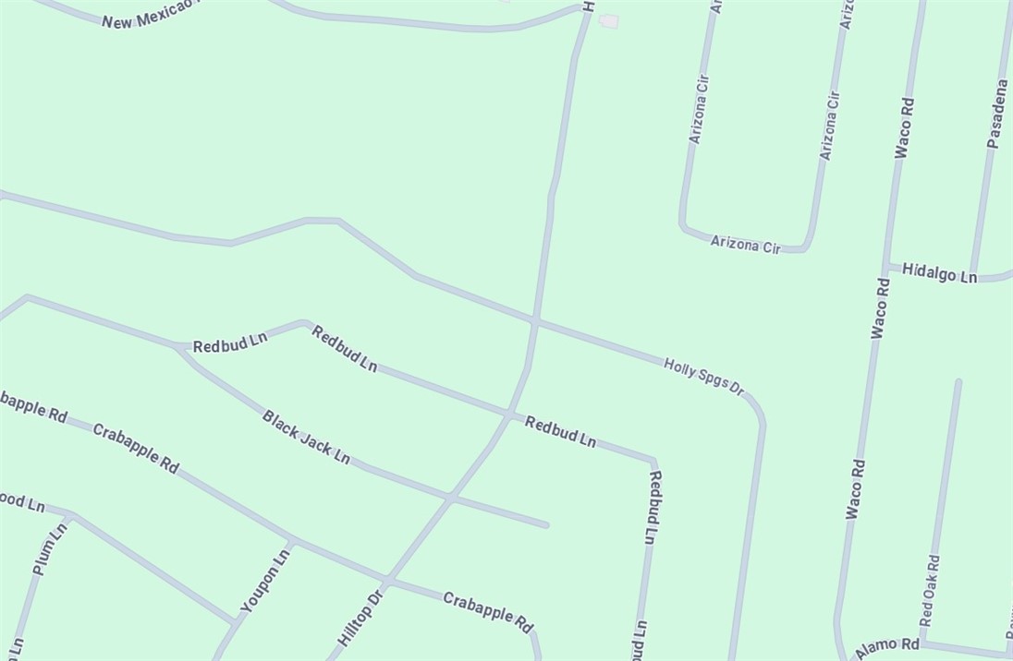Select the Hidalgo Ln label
click(939, 273)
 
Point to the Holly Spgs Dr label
click(703, 377)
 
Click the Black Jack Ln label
click(306, 438)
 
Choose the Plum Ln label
click(50, 549)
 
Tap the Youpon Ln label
click(265, 581)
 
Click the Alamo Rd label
click(887, 648)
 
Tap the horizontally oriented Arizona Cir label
click(745, 245)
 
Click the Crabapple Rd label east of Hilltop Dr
click(488, 612)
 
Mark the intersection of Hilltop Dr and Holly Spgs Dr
click(535, 321)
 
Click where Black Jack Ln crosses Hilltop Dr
click(450, 499)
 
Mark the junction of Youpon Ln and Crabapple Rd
click(291, 541)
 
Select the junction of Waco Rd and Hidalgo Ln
click(885, 267)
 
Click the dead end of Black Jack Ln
click(546, 525)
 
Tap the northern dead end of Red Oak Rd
click(958, 381)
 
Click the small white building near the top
click(608, 20)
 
